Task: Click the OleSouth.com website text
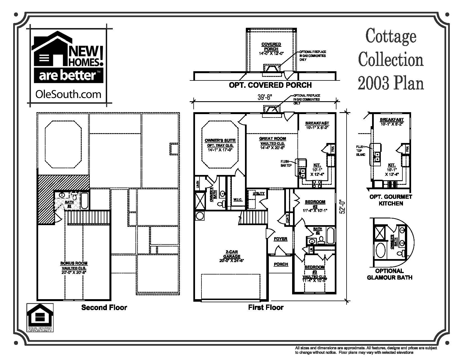pyautogui.click(x=68, y=94)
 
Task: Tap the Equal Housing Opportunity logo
pyautogui.click(x=40, y=318)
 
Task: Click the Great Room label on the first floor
pyautogui.click(x=272, y=139)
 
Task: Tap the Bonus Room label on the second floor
pyautogui.click(x=74, y=263)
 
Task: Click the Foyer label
pyautogui.click(x=281, y=239)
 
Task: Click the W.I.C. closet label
pyautogui.click(x=237, y=200)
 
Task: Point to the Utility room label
pyautogui.click(x=258, y=193)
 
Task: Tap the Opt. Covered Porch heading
pyautogui.click(x=270, y=85)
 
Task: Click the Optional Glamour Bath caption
pyautogui.click(x=389, y=274)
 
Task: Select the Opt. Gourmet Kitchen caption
pyautogui.click(x=391, y=200)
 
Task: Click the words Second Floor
pyautogui.click(x=104, y=308)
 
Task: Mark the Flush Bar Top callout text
pyautogui.click(x=286, y=163)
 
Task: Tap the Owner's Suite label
pyautogui.click(x=220, y=140)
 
